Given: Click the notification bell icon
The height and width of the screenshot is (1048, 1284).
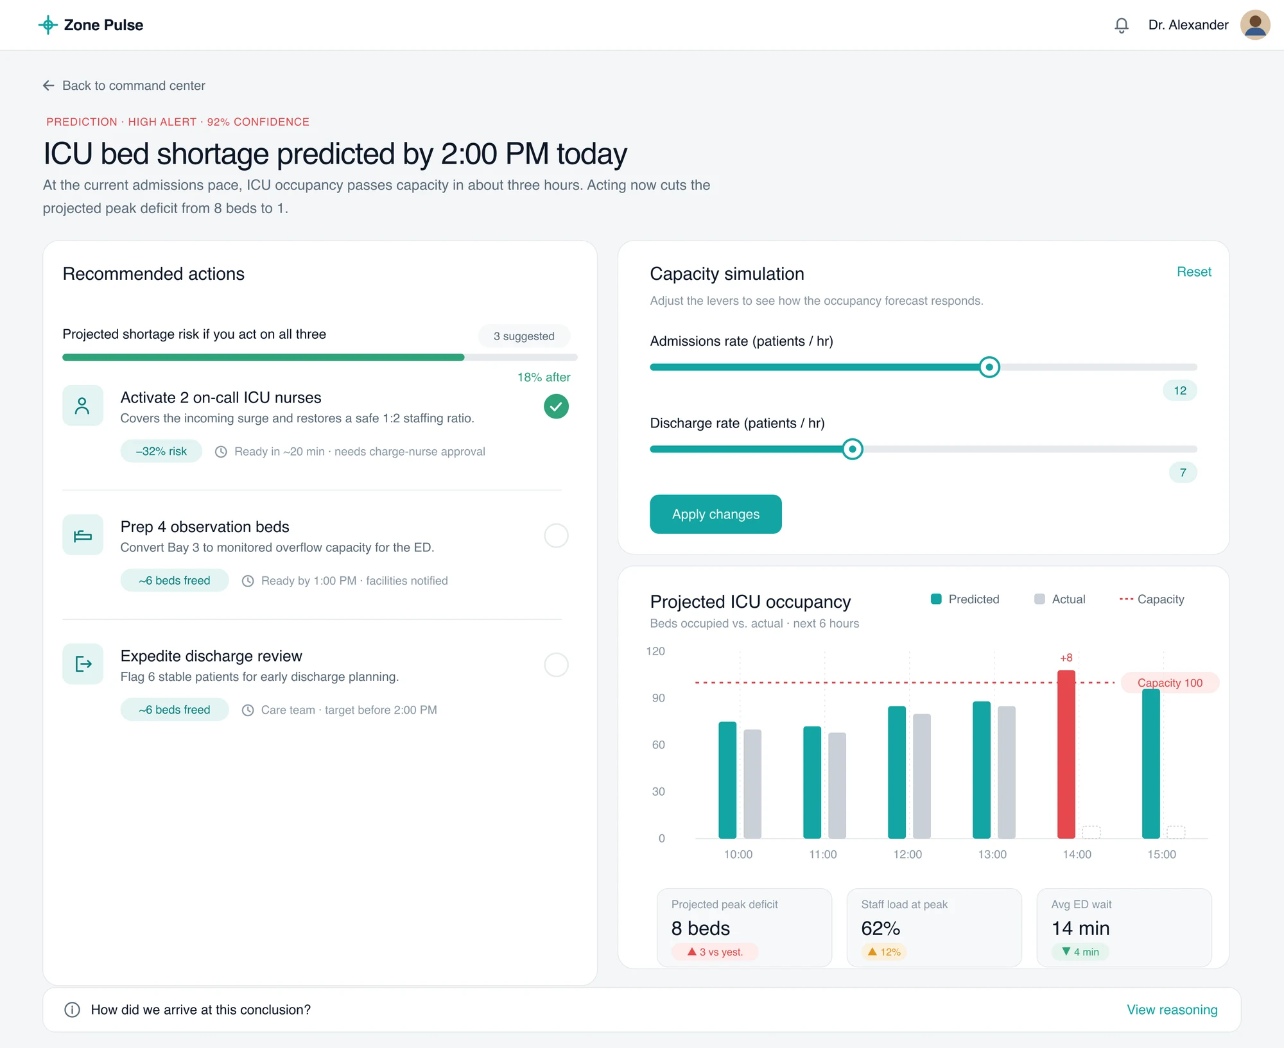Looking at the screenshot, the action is click(x=1121, y=25).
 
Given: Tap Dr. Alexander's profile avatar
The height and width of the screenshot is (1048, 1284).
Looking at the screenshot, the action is click(x=1254, y=25).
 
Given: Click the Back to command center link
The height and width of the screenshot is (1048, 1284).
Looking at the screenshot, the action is click(x=124, y=85).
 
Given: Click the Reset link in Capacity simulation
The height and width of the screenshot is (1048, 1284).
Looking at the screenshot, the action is click(x=1193, y=271).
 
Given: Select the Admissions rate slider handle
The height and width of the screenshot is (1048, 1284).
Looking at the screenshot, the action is click(x=989, y=367).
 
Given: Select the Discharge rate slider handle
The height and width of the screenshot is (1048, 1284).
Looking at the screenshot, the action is click(x=853, y=449).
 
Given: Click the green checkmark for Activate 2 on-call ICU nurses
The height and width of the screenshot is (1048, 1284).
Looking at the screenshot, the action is click(x=556, y=406).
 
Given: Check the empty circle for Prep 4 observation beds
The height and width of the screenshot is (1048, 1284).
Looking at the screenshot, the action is click(x=556, y=535).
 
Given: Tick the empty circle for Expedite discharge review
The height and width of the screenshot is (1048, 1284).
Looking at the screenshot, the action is click(x=556, y=665).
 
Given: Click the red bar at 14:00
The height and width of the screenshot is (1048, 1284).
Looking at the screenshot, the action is click(x=1066, y=754).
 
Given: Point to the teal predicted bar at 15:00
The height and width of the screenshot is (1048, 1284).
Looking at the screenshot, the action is click(x=1151, y=764).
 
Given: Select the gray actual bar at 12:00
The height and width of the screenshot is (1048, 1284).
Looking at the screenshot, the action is click(x=922, y=776).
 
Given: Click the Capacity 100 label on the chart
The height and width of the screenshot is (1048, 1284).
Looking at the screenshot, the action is click(x=1170, y=683).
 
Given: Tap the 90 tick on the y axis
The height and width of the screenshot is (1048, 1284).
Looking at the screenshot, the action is click(x=658, y=698).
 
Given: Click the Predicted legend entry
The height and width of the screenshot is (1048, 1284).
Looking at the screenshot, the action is click(x=965, y=599).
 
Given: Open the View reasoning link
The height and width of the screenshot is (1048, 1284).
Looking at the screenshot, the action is click(x=1172, y=1009).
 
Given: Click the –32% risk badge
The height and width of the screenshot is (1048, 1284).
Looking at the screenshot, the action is click(x=161, y=451).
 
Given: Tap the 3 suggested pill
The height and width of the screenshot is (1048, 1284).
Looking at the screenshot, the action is click(x=524, y=336).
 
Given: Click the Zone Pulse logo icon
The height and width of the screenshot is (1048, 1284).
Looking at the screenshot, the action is click(x=48, y=25).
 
